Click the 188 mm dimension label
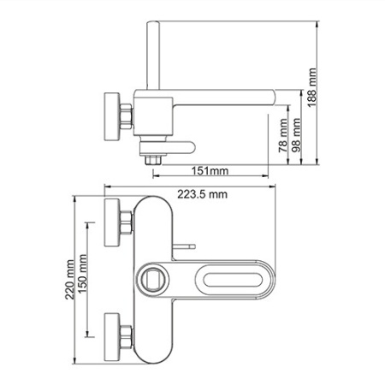click(312, 87)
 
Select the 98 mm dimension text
click(297, 135)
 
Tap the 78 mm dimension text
click(283, 136)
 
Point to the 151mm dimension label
click(210, 171)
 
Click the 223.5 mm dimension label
click(203, 194)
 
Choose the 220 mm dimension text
click(69, 280)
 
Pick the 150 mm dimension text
click(83, 274)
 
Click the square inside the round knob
click(154, 280)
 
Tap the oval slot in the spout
click(233, 280)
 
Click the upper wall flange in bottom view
click(112, 222)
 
